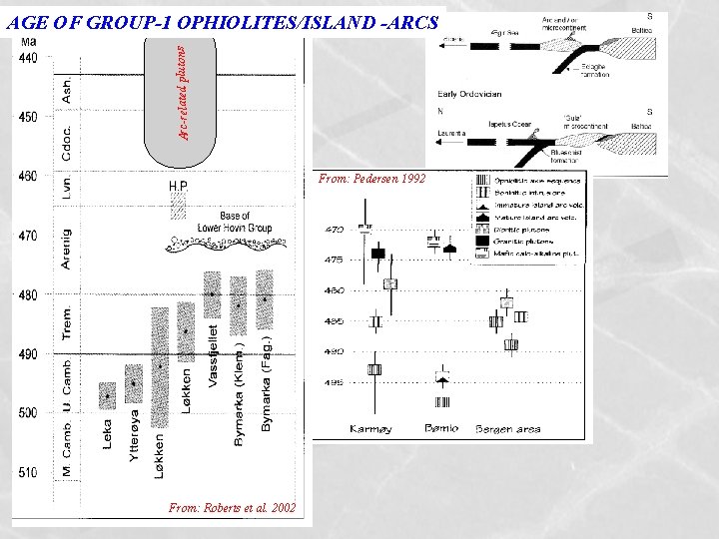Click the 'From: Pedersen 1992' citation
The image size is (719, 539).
pyautogui.click(x=372, y=180)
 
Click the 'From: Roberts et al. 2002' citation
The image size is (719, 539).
pyautogui.click(x=232, y=508)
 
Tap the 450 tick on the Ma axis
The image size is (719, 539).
pyautogui.click(x=28, y=117)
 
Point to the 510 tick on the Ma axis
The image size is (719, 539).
pyautogui.click(x=28, y=472)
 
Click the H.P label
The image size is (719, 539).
pyautogui.click(x=178, y=186)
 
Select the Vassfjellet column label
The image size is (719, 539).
pyautogui.click(x=214, y=353)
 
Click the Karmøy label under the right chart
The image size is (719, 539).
pyautogui.click(x=371, y=429)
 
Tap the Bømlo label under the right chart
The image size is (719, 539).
pyautogui.click(x=440, y=429)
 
